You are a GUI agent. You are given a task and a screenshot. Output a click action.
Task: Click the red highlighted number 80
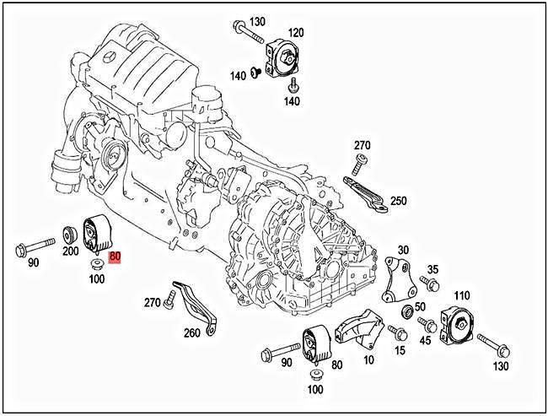[116, 261]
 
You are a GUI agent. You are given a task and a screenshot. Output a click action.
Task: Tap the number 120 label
[295, 33]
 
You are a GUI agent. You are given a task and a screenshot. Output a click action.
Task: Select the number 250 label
[398, 201]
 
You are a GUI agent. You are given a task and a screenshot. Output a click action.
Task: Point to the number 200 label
[70, 251]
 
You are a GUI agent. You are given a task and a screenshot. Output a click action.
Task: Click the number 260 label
[192, 332]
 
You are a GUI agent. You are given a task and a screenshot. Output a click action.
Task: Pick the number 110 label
[461, 296]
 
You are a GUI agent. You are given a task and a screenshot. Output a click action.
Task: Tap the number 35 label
[432, 269]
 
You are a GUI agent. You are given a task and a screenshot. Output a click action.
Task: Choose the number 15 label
[400, 349]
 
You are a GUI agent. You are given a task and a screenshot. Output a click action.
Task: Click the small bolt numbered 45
[426, 324]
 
